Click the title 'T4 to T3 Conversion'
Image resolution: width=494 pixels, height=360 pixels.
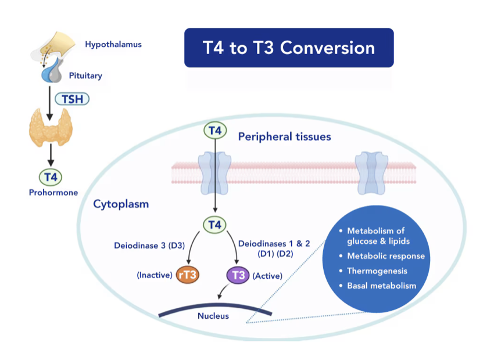[x=289, y=48]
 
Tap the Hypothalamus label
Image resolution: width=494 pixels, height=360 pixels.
[x=113, y=44]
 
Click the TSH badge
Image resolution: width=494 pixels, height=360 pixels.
[x=73, y=99]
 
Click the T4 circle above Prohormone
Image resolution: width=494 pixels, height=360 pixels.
[x=51, y=177]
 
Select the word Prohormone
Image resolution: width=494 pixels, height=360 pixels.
[x=53, y=192]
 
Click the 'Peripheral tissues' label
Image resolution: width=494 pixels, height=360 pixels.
[x=285, y=137]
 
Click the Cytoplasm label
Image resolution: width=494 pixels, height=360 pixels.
[x=121, y=204]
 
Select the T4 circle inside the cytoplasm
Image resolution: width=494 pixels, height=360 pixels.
[x=214, y=224]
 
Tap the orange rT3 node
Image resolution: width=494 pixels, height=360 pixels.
[x=188, y=275]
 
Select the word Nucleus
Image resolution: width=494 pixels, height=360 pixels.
[x=213, y=316]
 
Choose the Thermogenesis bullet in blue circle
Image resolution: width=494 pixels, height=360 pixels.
[x=378, y=271]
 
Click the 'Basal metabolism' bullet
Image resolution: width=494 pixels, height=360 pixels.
[x=381, y=286]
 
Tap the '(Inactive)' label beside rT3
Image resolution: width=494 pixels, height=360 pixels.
[x=155, y=275]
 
